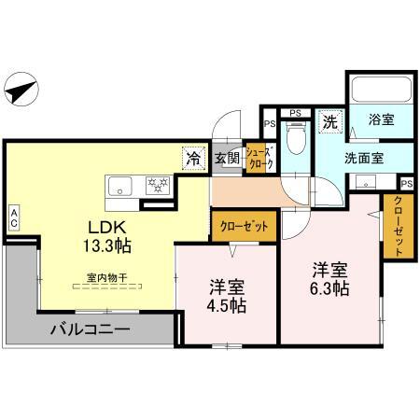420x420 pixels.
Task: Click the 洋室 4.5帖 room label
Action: coord(226,295)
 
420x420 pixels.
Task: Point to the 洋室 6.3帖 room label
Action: coord(330,279)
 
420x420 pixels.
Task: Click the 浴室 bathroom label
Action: coord(380,120)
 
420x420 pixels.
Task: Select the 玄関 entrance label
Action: coord(227,158)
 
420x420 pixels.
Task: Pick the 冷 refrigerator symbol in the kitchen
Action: coord(191,157)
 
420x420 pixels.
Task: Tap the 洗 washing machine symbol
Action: coord(329,120)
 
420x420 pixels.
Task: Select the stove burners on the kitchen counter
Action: coord(157,185)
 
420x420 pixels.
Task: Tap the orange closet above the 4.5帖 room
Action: coord(245,225)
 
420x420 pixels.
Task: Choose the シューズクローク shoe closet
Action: coord(259,159)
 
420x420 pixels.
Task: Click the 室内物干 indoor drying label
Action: coord(106,278)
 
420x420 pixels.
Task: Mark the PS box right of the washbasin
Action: coord(406,184)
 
